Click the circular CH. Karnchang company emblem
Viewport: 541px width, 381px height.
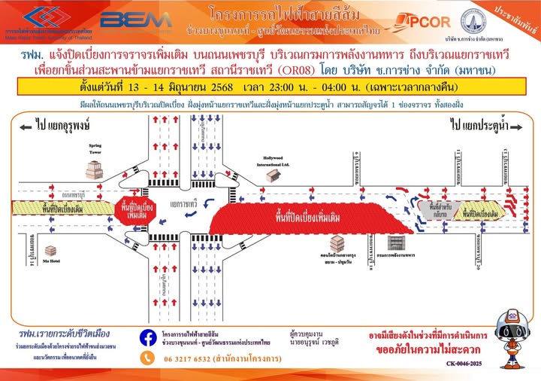click(x=473, y=21)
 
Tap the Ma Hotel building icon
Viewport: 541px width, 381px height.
click(x=51, y=251)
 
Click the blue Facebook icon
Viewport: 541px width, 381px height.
click(x=149, y=337)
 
